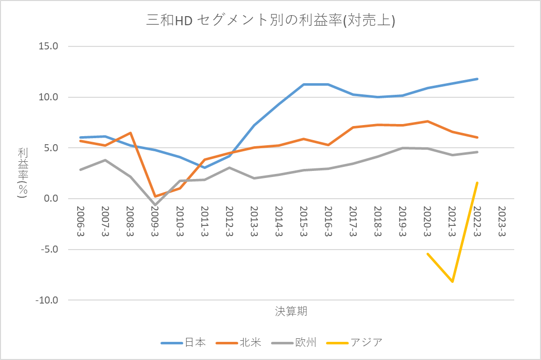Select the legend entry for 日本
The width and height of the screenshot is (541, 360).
point(183,342)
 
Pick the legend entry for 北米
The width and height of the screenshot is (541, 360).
point(238,342)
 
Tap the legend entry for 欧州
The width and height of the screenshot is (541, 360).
point(294,342)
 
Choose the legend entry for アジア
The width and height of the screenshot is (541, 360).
point(354,342)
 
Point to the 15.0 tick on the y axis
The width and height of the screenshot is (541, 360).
point(48,46)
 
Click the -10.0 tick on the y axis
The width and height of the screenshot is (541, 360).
point(46,300)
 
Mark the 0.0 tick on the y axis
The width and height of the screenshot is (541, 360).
point(51,199)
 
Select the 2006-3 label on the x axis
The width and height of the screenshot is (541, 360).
point(80,221)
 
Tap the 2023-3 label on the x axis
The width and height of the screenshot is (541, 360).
point(502,221)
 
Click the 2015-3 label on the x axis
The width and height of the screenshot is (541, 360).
point(304,221)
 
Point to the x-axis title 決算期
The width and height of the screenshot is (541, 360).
point(291,311)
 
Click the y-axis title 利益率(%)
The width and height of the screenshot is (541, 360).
point(23,173)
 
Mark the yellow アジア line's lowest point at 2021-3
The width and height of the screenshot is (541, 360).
point(452,281)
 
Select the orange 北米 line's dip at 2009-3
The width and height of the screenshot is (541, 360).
point(155,196)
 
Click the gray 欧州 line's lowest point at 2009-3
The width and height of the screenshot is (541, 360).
point(155,205)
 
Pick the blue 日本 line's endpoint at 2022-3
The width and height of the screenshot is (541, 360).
point(477,79)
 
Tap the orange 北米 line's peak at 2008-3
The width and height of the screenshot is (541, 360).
point(130,133)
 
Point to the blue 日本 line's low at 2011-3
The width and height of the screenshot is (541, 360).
point(204,167)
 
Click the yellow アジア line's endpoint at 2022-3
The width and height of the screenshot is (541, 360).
point(477,183)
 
